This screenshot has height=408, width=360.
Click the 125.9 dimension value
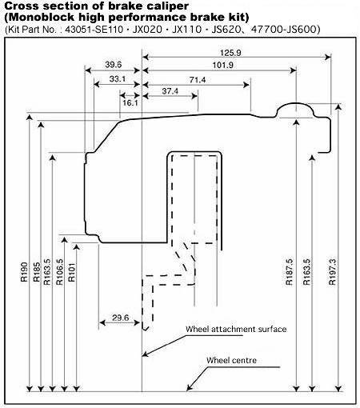[x=230, y=53]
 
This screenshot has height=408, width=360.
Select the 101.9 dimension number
[x=223, y=65]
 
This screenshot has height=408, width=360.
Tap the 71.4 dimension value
[x=198, y=80]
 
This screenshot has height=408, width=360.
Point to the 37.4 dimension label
[x=170, y=91]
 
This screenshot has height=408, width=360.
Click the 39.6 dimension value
[x=114, y=65]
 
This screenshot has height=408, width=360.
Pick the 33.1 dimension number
[x=118, y=79]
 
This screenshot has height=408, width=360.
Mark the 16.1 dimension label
[x=130, y=102]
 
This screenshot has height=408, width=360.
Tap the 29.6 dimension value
[x=120, y=318]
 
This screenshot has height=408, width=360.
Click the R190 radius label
[x=24, y=272]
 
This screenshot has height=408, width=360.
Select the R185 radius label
[x=37, y=272]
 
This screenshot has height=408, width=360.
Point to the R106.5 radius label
[x=60, y=272]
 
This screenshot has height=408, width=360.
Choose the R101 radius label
[x=72, y=272]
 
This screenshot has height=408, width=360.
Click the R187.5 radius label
[x=290, y=272]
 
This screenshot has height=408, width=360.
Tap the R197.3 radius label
[x=332, y=272]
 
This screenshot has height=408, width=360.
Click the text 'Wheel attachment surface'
[x=236, y=329]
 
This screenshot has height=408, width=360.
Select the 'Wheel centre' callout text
[x=231, y=360]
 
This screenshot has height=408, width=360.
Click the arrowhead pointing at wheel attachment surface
[x=144, y=354]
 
